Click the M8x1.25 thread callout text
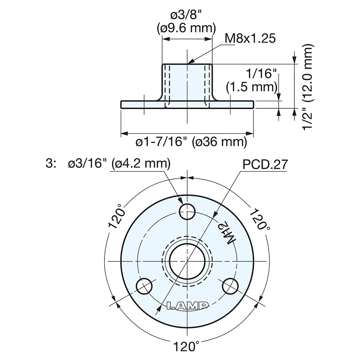[x=250, y=39]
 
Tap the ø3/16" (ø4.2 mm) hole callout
[x=119, y=164]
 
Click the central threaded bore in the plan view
[x=187, y=260]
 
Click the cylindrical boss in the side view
[x=187, y=83]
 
